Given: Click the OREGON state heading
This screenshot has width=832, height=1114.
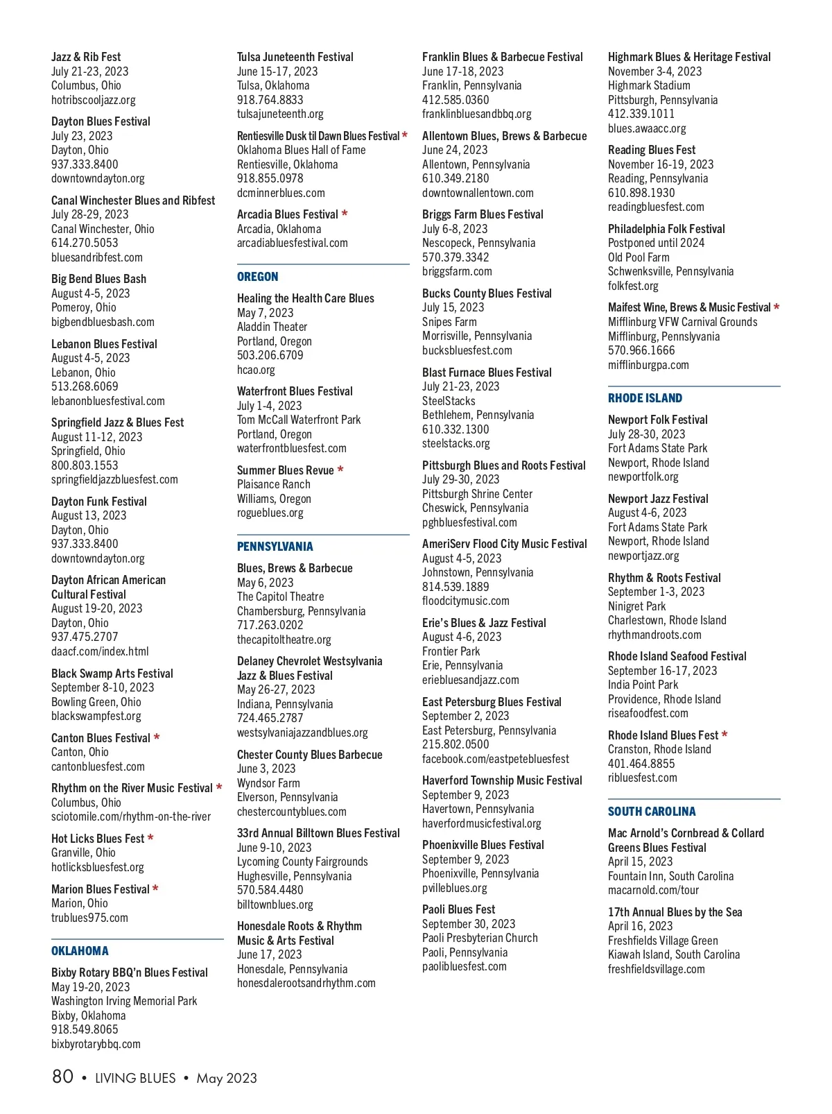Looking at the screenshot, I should pyautogui.click(x=257, y=277).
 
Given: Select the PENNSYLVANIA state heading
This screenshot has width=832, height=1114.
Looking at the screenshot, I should pyautogui.click(x=275, y=547).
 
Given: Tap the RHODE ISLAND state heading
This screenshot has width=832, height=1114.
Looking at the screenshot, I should pyautogui.click(x=645, y=398).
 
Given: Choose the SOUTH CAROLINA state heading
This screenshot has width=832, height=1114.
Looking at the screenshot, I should pyautogui.click(x=652, y=812).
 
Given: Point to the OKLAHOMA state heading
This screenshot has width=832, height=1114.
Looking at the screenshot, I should pyautogui.click(x=80, y=951).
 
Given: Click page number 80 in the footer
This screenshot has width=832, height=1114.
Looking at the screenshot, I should pyautogui.click(x=62, y=1077).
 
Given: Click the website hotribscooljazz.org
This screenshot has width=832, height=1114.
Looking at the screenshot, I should pyautogui.click(x=94, y=100).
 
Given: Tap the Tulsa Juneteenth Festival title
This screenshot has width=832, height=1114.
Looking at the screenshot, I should pyautogui.click(x=295, y=57).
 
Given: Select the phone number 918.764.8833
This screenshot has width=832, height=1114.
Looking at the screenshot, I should pyautogui.click(x=270, y=100).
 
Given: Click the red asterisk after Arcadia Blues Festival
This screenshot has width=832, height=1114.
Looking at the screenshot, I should pyautogui.click(x=345, y=214).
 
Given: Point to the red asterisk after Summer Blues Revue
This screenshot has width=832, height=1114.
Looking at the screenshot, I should pyautogui.click(x=340, y=470).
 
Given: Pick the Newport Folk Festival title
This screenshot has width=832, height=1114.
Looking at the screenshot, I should pyautogui.click(x=657, y=420).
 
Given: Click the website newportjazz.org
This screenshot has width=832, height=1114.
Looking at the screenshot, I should pyautogui.click(x=643, y=556).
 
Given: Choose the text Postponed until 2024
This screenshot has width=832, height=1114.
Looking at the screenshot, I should pyautogui.click(x=656, y=243).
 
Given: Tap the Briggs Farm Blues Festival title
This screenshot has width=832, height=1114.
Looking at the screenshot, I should pyautogui.click(x=483, y=214).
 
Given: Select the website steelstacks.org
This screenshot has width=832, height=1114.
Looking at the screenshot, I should pyautogui.click(x=456, y=443).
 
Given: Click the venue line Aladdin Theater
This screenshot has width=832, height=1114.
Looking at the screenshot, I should pyautogui.click(x=272, y=327).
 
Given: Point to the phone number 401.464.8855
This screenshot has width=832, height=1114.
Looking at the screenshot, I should pyautogui.click(x=641, y=764).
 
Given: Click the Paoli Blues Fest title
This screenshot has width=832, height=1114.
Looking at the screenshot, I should pyautogui.click(x=458, y=909).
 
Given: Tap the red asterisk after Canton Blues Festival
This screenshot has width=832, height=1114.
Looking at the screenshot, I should pyautogui.click(x=157, y=738).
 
